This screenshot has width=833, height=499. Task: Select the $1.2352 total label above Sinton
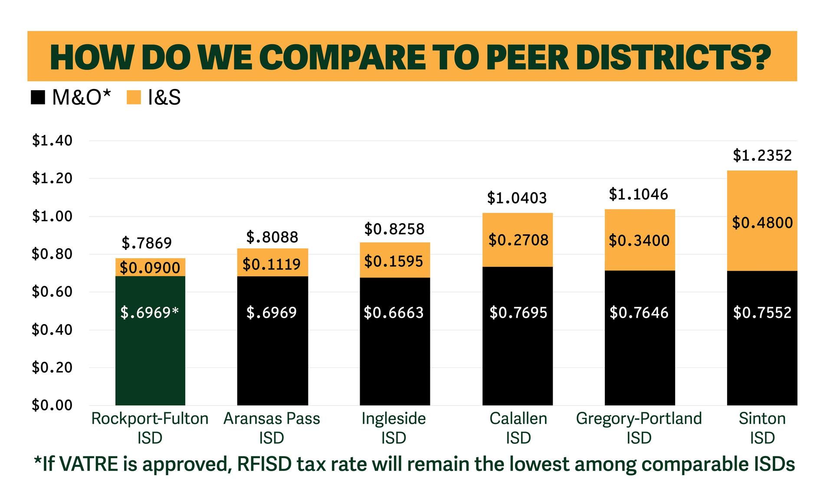(762, 155)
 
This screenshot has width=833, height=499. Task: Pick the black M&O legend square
(38, 97)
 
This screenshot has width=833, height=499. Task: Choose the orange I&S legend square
(134, 97)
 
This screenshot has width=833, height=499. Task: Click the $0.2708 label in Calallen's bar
(518, 240)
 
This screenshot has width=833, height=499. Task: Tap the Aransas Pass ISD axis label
(272, 428)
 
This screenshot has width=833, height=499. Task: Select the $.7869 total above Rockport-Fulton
(147, 243)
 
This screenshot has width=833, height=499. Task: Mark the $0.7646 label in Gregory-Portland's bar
(639, 312)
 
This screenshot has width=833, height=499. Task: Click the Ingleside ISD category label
(394, 428)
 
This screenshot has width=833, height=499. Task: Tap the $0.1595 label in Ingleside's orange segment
(394, 261)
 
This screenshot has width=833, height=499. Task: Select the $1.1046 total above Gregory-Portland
(638, 194)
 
